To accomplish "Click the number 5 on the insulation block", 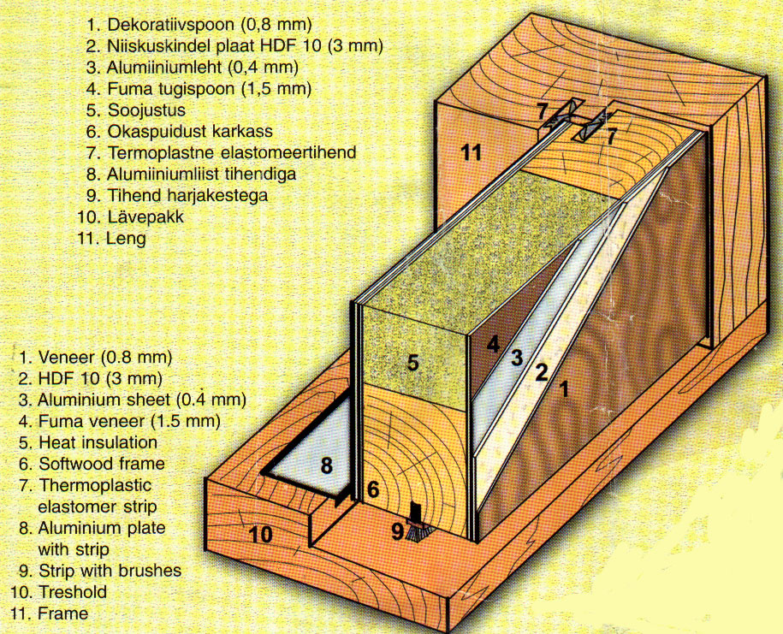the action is [412, 363].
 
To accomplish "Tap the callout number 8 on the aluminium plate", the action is [326, 465].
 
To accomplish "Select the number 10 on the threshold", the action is [261, 535].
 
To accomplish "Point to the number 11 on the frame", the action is [470, 152].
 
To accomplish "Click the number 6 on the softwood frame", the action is [373, 489].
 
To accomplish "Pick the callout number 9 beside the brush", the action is [397, 532].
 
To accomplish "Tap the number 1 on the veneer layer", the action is [564, 389].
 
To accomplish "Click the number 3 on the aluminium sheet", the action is [518, 358].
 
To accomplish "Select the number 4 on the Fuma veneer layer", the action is [493, 345].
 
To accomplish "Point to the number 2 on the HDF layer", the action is [542, 372].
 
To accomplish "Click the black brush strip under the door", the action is [414, 523].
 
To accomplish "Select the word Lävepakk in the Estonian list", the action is [145, 217].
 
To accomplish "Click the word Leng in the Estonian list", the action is [127, 239].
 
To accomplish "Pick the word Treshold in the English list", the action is [73, 592].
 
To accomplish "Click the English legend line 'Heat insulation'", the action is [98, 442].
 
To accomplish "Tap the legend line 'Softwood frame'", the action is [102, 464].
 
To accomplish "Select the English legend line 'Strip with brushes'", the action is [110, 571].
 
